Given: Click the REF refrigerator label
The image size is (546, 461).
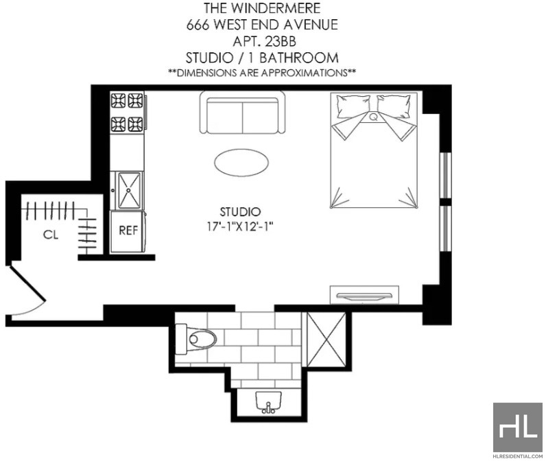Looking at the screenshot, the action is click(128, 230).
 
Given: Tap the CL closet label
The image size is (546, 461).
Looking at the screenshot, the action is click(51, 235).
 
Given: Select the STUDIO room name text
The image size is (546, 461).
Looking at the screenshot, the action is click(240, 212).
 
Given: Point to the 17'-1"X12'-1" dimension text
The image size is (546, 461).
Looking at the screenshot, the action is click(239, 226).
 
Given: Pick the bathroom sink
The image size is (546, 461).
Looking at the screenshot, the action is click(268, 402).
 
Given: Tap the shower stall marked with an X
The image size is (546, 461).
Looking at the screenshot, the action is click(327, 340).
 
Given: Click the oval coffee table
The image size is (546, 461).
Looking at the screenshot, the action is click(241, 163).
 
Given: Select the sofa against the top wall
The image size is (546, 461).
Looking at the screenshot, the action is click(242, 113).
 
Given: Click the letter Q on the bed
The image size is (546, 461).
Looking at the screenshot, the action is click(374, 117).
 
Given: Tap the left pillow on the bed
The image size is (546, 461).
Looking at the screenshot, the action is click(351, 106).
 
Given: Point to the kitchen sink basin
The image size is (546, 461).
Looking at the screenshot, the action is click(129, 190).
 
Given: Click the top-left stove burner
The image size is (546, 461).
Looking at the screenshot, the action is click(119, 101).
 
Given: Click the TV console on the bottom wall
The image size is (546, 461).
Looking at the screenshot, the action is click(364, 295).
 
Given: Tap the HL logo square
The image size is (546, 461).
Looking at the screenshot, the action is click(518, 427).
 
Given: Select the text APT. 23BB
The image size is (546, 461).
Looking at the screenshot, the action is click(264, 41).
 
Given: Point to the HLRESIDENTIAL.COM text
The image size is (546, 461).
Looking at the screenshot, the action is click(518, 456).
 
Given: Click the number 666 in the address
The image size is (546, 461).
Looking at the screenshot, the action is click(198, 25).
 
